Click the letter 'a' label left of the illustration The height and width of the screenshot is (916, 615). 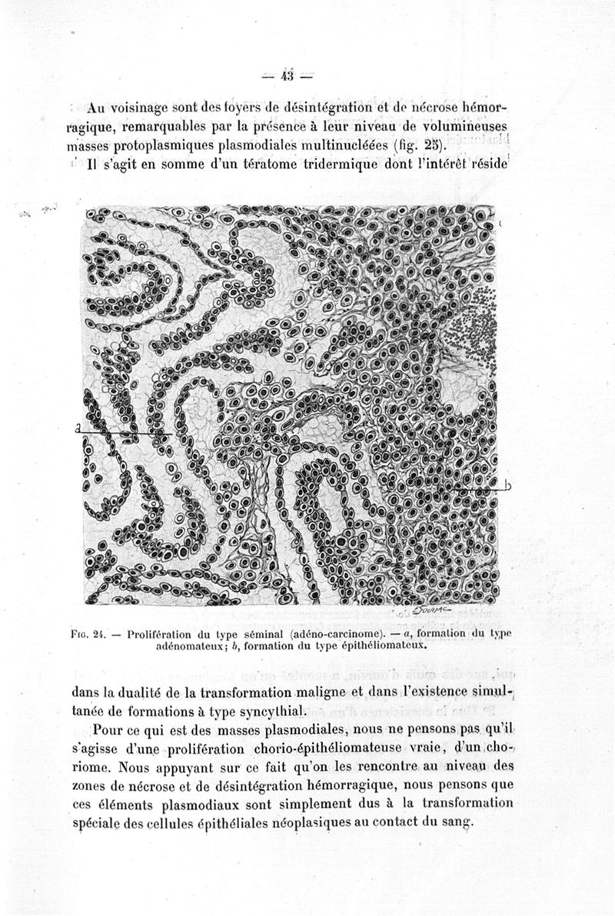79,429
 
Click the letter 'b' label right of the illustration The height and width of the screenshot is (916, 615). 509,485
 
